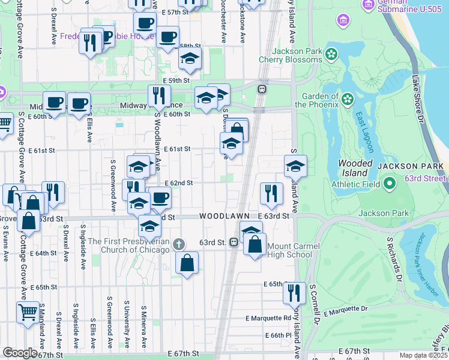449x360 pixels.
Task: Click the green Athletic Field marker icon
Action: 388,183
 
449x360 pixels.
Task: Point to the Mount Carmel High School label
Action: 290,250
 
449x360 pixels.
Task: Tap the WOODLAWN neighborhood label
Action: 224,215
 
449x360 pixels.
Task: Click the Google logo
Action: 19,353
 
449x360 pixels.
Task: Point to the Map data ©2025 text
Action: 423,355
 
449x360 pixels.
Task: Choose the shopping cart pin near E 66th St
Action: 28,311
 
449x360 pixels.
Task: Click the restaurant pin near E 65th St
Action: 294,292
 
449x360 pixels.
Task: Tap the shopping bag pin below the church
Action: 187,262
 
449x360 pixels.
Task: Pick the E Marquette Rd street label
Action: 268,318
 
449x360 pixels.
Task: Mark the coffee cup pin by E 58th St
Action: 167,37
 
